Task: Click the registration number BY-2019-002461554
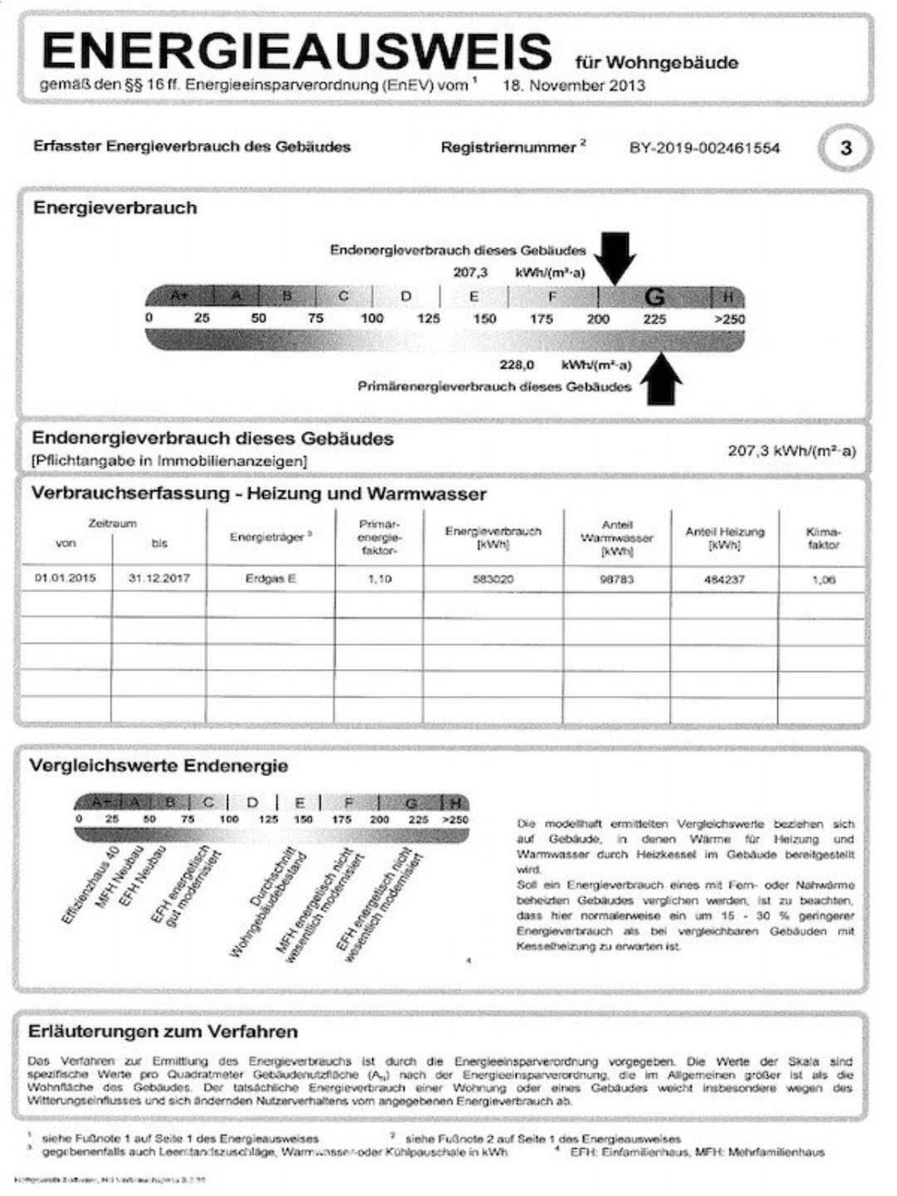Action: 704,149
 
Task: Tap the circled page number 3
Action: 846,149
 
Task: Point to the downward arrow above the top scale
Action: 617,256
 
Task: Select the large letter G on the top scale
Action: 654,297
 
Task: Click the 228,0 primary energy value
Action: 517,365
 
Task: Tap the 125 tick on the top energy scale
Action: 429,319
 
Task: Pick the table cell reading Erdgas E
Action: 270,579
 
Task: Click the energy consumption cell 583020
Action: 493,579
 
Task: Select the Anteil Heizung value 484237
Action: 724,580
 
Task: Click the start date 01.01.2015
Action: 65,578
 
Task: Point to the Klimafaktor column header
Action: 822,538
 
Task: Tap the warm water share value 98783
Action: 616,579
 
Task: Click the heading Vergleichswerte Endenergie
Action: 159,766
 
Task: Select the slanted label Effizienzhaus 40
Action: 91,885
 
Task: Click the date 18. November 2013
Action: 573,86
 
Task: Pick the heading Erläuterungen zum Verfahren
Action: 163,1032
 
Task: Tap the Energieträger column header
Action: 270,537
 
